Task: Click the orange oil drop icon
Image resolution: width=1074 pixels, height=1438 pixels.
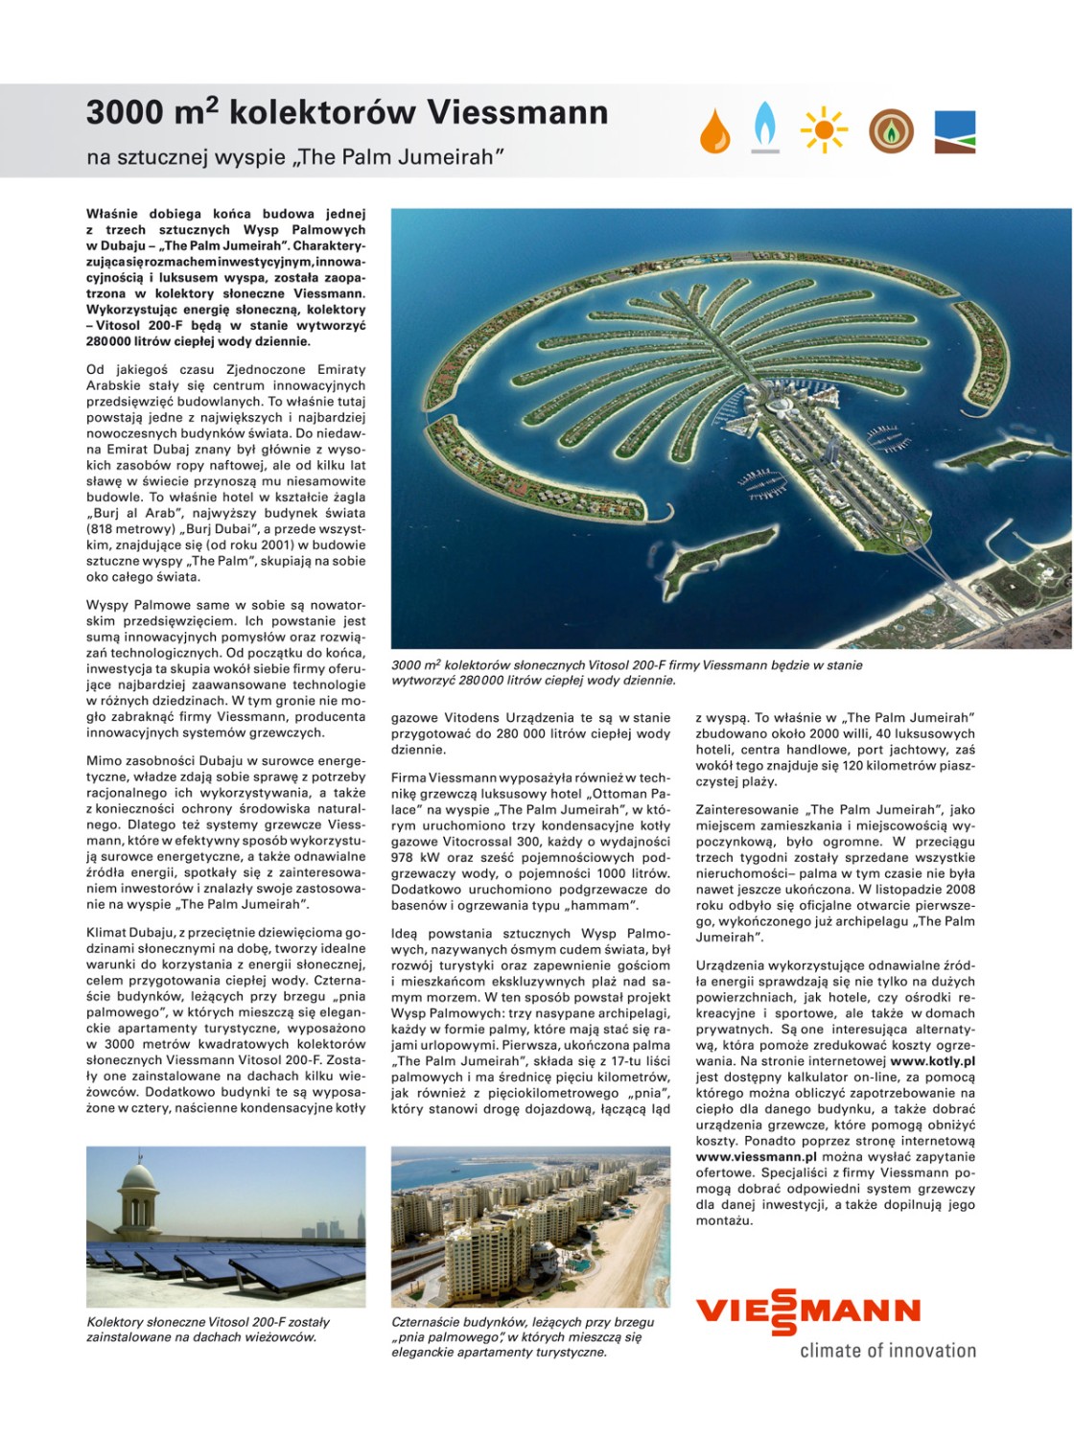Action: point(714,131)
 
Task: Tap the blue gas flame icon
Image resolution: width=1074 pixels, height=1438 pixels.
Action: point(765,128)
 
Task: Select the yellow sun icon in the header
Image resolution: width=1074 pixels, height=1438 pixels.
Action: point(824,131)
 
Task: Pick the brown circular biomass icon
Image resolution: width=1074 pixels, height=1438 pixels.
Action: point(891,131)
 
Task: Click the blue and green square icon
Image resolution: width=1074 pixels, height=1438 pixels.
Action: point(954,132)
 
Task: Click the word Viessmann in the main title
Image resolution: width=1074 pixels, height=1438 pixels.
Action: point(517,113)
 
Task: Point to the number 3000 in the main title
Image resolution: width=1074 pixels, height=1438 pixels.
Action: point(125,113)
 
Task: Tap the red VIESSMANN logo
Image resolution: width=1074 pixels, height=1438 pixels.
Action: point(807,1310)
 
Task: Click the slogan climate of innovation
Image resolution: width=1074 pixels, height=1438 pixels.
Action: point(888,1351)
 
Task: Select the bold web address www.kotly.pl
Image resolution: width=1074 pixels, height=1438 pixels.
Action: point(932,1061)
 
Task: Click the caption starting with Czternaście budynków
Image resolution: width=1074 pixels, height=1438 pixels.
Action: point(523,1336)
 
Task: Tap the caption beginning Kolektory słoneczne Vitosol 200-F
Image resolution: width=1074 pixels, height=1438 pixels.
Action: point(208,1330)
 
